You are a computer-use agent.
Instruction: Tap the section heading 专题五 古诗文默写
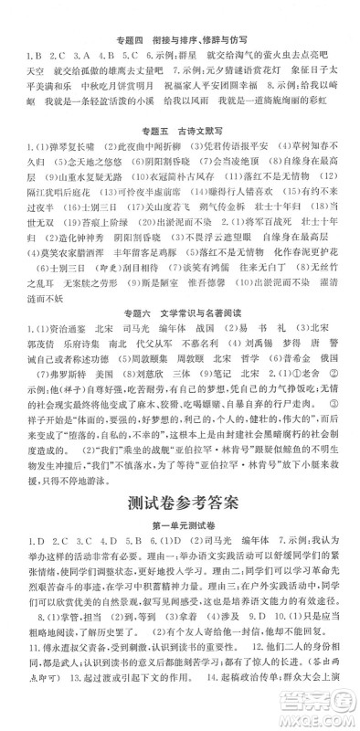(179, 123)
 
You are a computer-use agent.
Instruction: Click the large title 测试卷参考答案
(179, 500)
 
